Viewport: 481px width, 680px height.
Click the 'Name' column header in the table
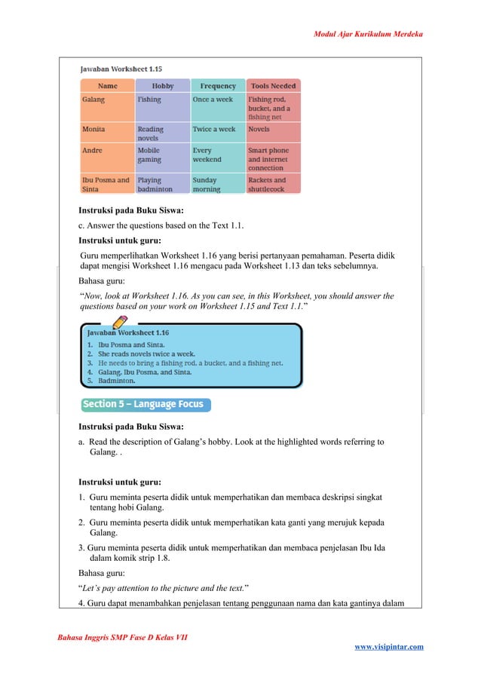pos(107,86)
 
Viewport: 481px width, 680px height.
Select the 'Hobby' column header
pos(163,86)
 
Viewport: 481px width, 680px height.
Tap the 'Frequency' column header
pos(218,86)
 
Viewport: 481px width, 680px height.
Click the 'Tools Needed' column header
pos(274,86)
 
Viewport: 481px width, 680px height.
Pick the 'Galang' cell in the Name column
pos(94,100)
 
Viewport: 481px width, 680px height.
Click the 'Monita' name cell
pos(95,130)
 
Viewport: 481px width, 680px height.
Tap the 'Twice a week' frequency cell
pos(214,130)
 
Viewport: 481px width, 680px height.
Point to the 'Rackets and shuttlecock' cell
pos(268,185)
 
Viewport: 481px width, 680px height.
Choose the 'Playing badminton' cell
pos(155,185)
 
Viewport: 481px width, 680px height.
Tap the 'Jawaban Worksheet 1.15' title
pos(121,69)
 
